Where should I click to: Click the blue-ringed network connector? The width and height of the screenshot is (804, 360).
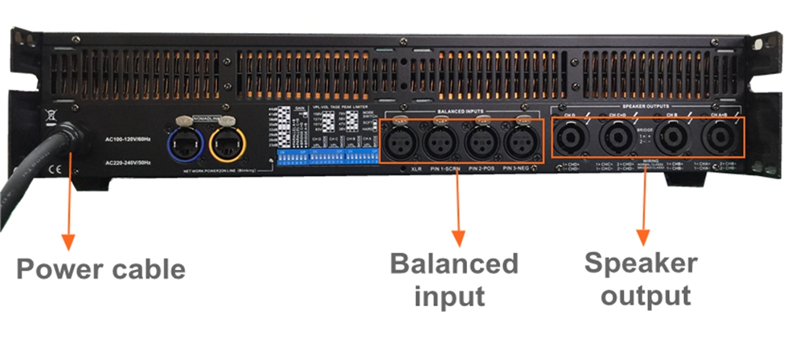pos(183,138)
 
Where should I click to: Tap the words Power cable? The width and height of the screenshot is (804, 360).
pos(100,268)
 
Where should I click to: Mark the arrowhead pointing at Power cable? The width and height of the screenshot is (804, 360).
pos(68,240)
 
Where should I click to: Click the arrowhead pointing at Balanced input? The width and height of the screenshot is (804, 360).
pos(457,237)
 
